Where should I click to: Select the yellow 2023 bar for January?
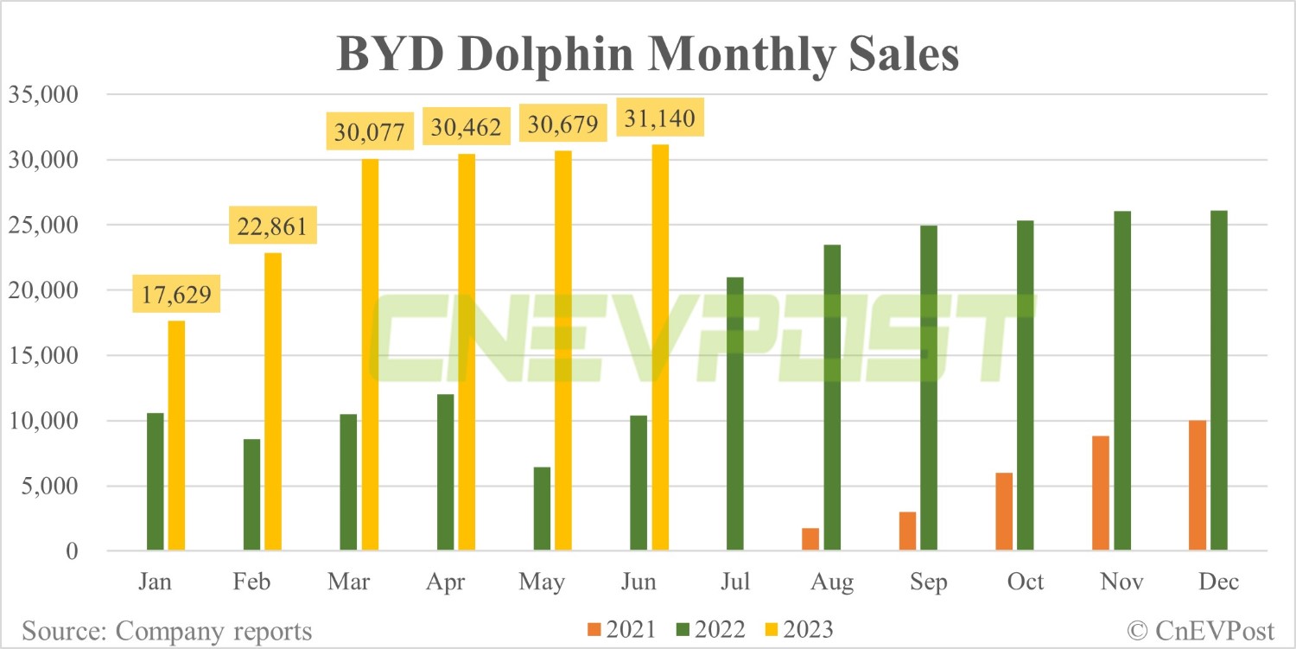[x=176, y=436]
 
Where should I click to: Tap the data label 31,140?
[x=659, y=118]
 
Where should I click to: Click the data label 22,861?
[x=272, y=226]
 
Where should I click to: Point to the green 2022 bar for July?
[x=735, y=413]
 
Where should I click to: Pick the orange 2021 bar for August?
[x=810, y=539]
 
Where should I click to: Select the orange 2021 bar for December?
[x=1198, y=485]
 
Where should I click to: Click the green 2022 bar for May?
[x=542, y=508]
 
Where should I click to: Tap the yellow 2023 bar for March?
[x=371, y=354]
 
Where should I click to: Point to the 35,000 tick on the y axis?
[x=43, y=94]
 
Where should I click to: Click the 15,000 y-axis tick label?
[x=43, y=355]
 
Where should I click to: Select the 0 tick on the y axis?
[x=72, y=551]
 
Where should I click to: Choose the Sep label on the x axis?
[x=929, y=582]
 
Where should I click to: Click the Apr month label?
[x=446, y=582]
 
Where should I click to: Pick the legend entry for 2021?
[x=621, y=629]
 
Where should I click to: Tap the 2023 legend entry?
[x=799, y=629]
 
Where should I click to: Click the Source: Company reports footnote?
[x=167, y=631]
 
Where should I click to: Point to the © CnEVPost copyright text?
[x=1201, y=631]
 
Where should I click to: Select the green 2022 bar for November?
[x=1122, y=380]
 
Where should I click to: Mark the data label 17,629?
[x=176, y=294]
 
